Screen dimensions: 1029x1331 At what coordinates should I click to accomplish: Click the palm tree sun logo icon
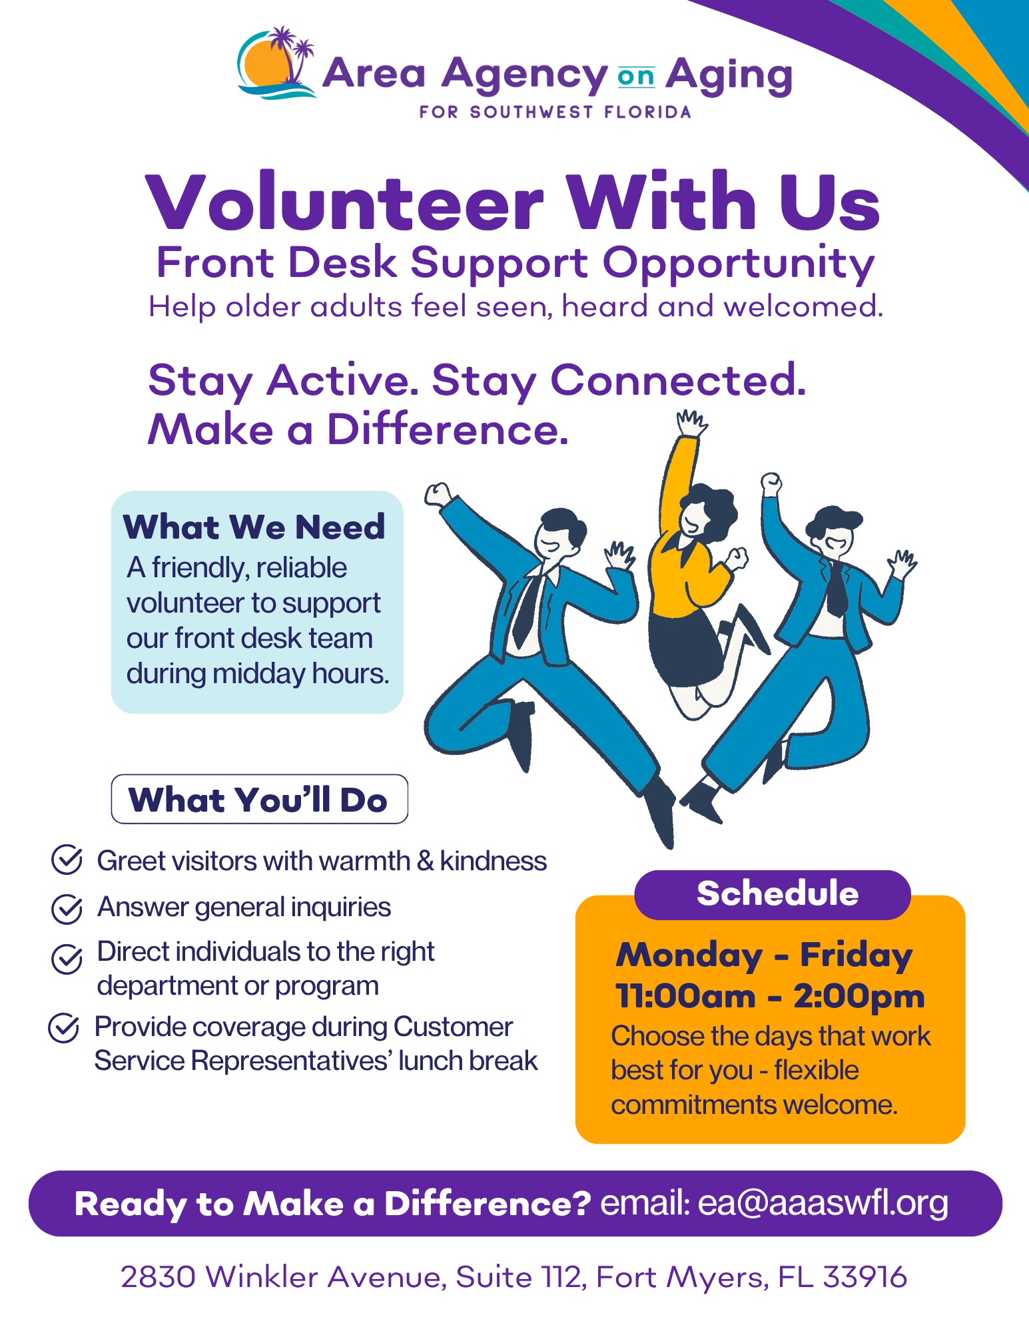(276, 63)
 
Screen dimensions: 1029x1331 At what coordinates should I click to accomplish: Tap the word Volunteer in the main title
(344, 201)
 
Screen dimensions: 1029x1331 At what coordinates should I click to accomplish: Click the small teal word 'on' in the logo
(636, 77)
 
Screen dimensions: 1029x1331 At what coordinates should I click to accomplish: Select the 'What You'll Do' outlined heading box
(259, 799)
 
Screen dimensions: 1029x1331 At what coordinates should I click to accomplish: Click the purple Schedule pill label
(773, 894)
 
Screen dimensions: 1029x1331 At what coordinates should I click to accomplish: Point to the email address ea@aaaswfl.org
(823, 1203)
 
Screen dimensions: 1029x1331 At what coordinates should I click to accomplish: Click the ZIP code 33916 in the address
(864, 1277)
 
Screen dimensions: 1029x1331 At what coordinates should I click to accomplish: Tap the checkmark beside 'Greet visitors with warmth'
(67, 860)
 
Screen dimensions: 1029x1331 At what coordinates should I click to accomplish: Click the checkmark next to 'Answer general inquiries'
(67, 908)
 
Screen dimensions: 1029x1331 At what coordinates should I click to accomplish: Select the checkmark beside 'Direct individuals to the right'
(67, 959)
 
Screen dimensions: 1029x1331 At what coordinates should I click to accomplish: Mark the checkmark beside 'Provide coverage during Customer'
(65, 1028)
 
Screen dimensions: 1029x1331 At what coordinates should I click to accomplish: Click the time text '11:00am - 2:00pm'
(770, 996)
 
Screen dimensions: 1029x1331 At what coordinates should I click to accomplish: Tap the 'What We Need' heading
(254, 527)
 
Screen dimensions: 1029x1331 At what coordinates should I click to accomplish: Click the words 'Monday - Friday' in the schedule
(764, 955)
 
